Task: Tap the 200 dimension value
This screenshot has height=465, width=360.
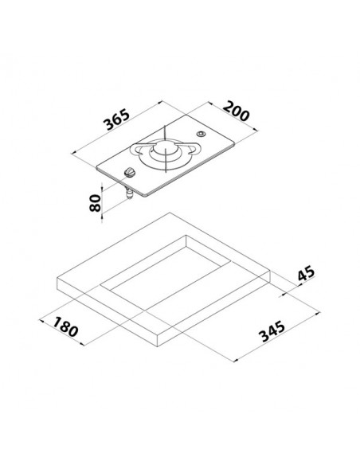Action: [x=236, y=111]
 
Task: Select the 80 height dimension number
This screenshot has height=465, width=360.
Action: [x=96, y=203]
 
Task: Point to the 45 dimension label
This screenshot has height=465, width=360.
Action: [x=306, y=273]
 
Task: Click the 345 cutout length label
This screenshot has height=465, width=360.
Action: [x=272, y=331]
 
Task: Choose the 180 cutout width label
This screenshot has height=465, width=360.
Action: [x=65, y=326]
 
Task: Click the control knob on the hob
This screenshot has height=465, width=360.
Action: [x=130, y=172]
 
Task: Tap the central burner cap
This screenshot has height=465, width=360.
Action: [x=165, y=147]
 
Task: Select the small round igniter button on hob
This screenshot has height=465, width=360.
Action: [x=201, y=134]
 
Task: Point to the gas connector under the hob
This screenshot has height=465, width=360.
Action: [x=129, y=193]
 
